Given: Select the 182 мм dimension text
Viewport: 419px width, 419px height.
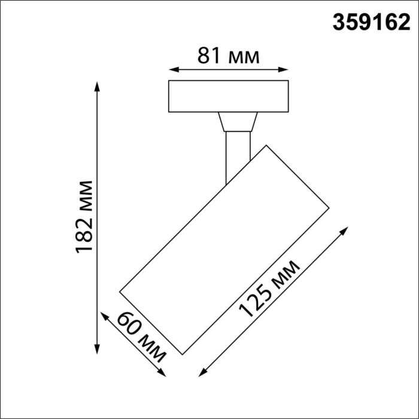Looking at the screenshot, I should click(84, 216).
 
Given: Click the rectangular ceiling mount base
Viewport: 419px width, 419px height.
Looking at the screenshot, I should click(228, 96).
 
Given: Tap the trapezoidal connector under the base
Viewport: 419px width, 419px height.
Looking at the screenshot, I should click(238, 122).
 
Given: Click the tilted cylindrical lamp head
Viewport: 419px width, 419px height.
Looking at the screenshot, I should click(224, 248).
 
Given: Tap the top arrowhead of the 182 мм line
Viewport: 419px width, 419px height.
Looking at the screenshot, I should click(98, 85).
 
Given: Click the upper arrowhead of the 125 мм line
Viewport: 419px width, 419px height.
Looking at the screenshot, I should click(345, 229).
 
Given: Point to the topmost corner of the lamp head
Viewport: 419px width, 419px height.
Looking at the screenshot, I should click(266, 145).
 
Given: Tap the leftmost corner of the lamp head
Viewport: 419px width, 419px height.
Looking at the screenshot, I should click(120, 292).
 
